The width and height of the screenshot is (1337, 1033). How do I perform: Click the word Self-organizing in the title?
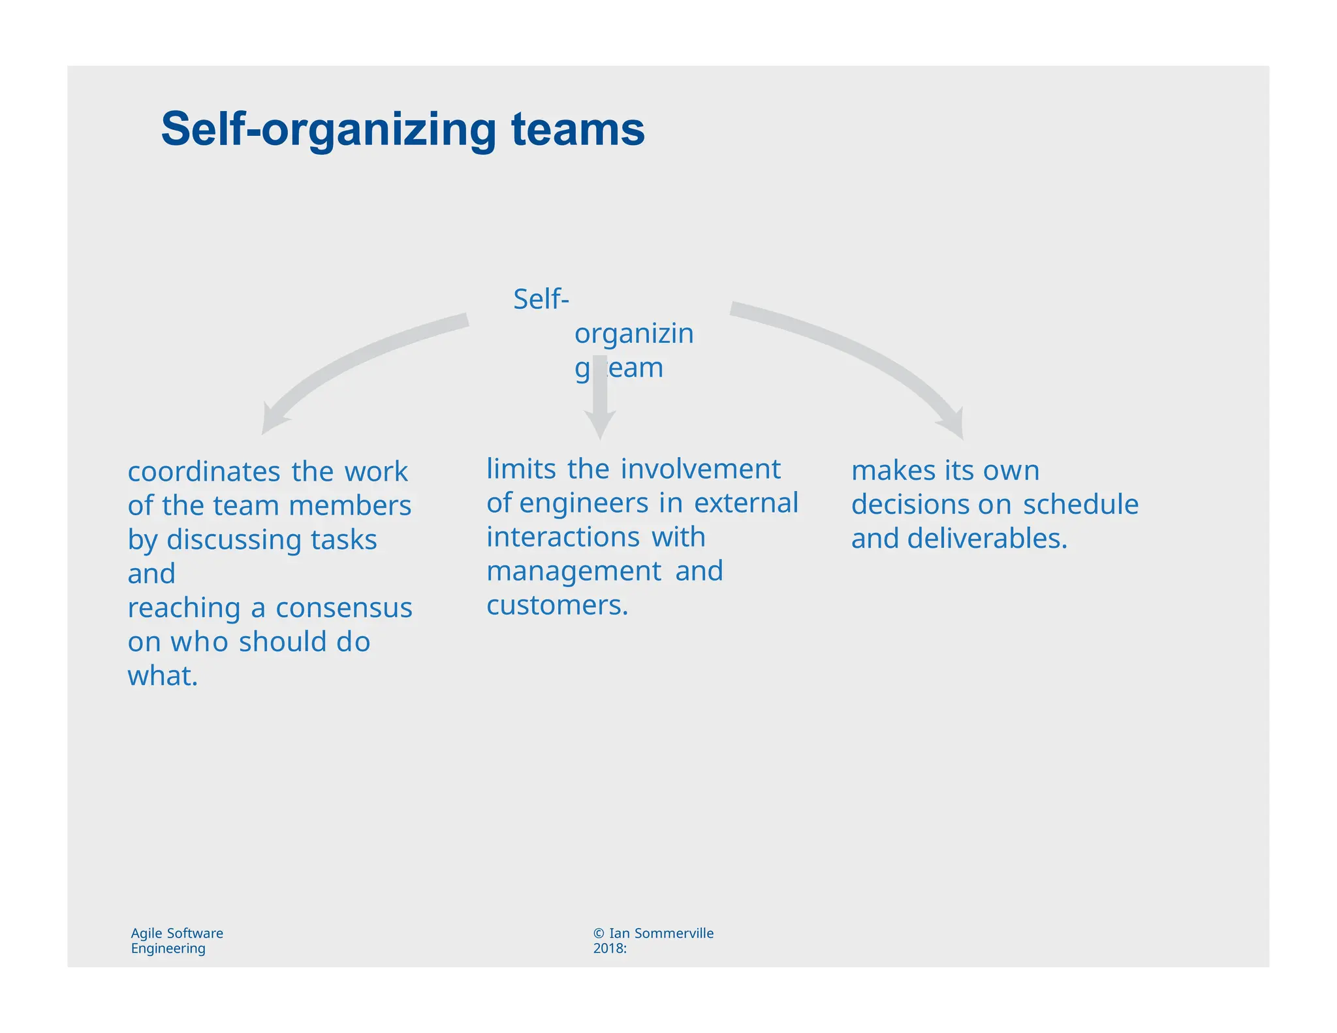tap(329, 131)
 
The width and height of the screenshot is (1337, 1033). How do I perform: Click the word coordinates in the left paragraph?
tap(204, 472)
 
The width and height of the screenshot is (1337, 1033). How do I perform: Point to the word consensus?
tap(344, 608)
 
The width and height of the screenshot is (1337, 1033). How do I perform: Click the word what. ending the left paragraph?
tap(163, 676)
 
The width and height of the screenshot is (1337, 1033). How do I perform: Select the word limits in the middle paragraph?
tap(521, 469)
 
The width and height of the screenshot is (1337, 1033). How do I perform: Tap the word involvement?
tap(700, 469)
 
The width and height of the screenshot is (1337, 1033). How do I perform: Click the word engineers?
tap(584, 503)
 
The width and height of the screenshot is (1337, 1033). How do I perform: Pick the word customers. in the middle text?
tap(557, 605)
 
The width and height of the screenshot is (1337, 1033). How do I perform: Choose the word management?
tap(574, 571)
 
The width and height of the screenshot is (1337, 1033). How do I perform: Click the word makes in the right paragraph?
tap(893, 471)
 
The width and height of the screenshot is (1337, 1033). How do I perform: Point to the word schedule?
tap(1080, 505)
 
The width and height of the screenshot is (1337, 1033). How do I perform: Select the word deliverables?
tap(987, 539)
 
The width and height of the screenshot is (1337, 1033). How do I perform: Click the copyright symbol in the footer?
tap(599, 934)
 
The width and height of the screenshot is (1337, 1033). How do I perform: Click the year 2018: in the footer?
tap(610, 949)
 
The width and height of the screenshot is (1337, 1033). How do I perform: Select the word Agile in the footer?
tap(147, 934)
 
